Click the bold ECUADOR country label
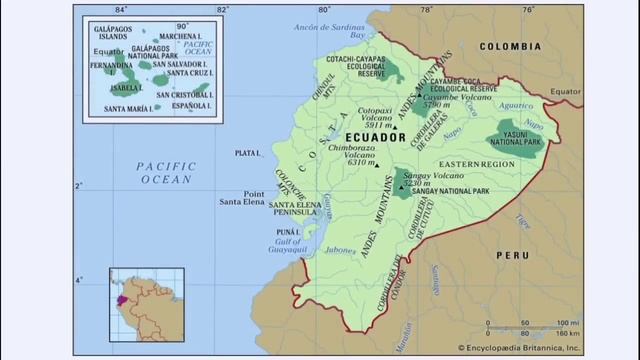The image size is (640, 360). [373, 137]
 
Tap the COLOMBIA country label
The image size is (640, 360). [510, 47]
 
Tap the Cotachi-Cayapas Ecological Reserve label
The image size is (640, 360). [357, 66]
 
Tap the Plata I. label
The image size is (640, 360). [246, 154]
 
